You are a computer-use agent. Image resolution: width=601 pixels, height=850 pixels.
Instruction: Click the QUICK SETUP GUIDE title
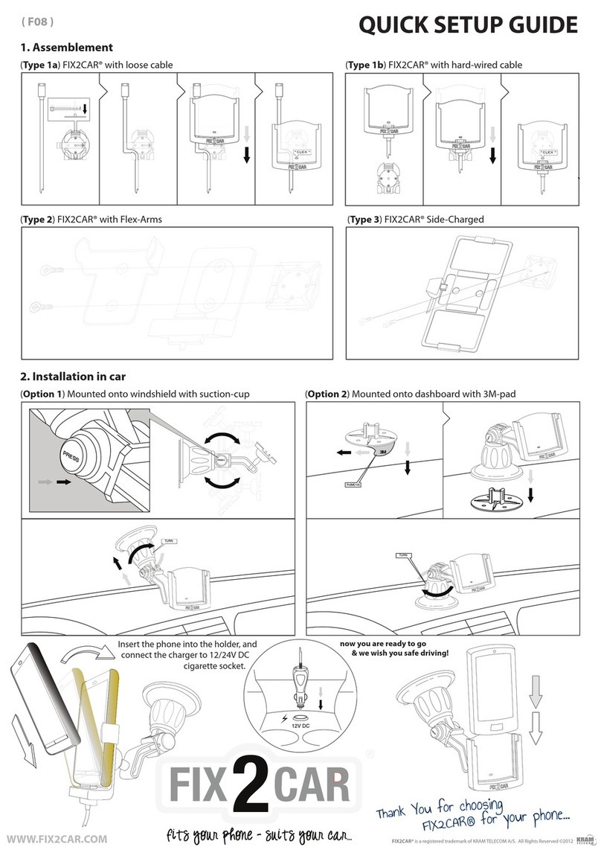(467, 25)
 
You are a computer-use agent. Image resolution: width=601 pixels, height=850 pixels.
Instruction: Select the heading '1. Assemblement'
(66, 47)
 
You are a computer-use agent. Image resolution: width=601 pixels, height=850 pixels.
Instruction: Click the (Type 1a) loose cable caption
(96, 65)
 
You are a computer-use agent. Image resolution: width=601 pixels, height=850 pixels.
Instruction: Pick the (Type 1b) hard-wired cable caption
(434, 65)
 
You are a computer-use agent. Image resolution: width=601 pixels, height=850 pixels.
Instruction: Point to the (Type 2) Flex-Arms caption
(91, 220)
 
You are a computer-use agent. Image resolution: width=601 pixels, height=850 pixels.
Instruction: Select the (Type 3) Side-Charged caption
(416, 220)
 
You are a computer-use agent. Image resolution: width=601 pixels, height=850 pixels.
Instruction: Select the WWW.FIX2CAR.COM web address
(56, 838)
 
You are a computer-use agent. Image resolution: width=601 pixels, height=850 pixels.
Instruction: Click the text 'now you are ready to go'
(382, 642)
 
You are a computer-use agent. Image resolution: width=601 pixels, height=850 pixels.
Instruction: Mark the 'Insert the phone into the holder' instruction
(187, 644)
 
